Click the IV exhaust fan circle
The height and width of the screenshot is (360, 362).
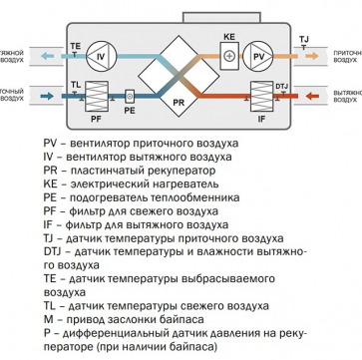(101, 56)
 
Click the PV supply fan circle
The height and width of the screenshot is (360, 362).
(258, 56)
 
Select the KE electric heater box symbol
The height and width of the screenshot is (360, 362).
(229, 56)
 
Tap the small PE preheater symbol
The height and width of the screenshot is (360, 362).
(131, 97)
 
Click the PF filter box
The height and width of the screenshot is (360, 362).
(97, 96)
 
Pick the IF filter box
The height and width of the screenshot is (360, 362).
(262, 96)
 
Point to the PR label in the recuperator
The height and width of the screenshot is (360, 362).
(179, 103)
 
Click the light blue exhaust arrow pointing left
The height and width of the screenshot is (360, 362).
(47, 56)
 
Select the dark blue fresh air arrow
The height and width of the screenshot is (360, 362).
(47, 97)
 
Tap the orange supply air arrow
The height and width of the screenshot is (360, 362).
(312, 56)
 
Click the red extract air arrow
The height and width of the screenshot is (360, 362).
(312, 97)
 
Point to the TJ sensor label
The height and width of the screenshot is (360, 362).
(304, 40)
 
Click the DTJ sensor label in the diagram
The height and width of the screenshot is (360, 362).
(281, 87)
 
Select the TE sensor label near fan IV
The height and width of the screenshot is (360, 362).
(76, 47)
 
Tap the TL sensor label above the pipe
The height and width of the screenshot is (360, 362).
(76, 85)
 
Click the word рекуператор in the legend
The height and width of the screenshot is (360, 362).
(184, 171)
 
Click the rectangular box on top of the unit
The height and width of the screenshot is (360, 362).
(221, 18)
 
